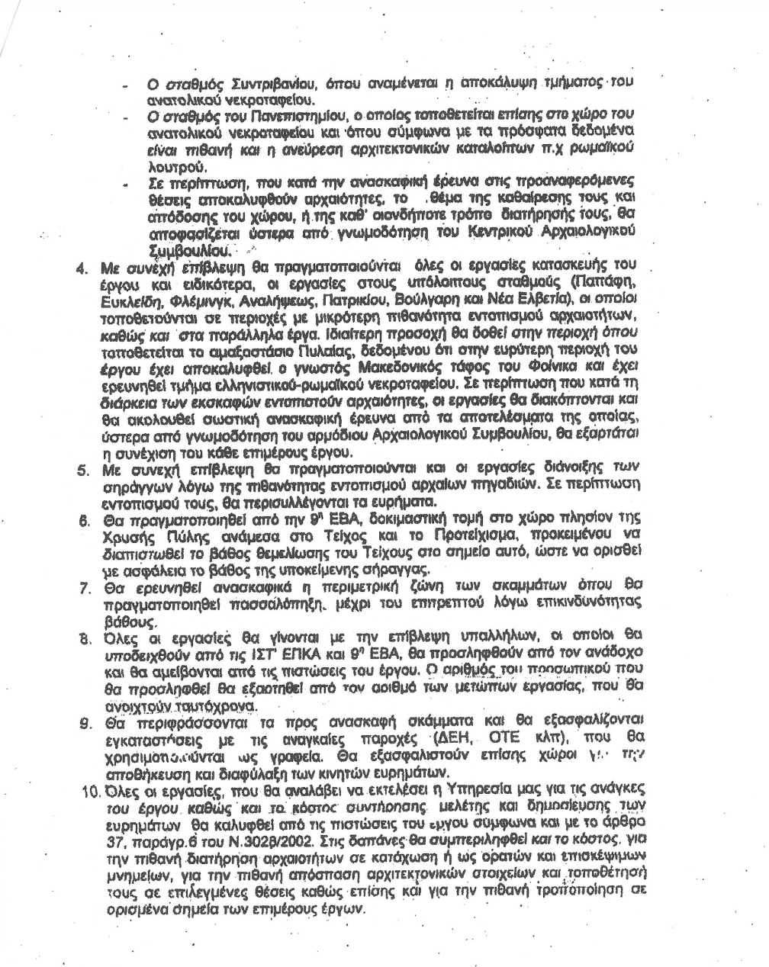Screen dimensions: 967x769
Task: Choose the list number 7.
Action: coord(87,590)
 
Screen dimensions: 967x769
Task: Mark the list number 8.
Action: coord(87,635)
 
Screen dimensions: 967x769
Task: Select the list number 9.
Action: coord(87,722)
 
